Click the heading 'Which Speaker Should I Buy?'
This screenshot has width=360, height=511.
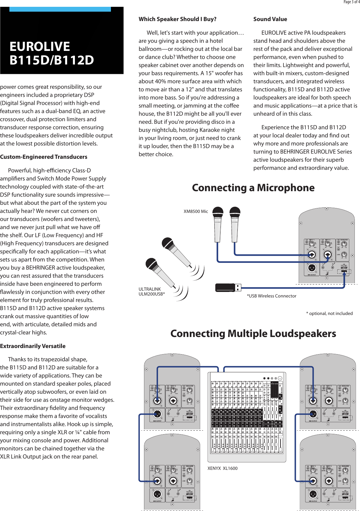[177, 19]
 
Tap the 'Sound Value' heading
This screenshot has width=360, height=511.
[270, 19]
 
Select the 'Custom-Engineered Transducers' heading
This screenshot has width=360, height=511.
[43, 157]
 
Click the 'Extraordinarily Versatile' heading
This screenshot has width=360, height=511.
[33, 346]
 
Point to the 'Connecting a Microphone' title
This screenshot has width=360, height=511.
[253, 188]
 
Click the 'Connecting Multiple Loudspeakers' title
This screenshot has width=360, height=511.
[253, 333]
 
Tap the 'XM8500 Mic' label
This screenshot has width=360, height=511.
[196, 211]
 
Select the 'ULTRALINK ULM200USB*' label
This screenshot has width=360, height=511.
[151, 291]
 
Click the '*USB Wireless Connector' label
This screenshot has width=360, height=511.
[271, 296]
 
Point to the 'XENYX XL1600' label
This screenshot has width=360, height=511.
[222, 468]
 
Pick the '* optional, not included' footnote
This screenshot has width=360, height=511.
[329, 313]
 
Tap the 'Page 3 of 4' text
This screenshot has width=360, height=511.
[351, 2]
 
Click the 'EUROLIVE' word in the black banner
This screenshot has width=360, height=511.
[40, 47]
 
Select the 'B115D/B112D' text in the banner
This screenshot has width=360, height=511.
[52, 60]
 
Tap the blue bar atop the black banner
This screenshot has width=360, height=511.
[60, 9]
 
